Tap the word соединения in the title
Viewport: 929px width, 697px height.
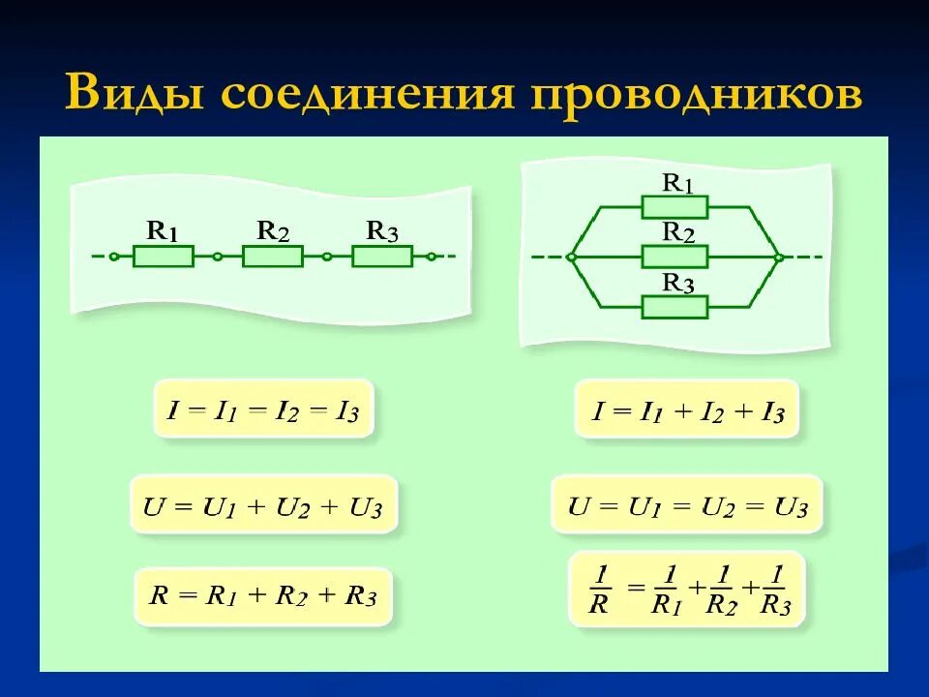(367, 93)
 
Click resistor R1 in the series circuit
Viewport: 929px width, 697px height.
(163, 257)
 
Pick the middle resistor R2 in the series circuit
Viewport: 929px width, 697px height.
(272, 257)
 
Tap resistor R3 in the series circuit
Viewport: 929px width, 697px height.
(381, 257)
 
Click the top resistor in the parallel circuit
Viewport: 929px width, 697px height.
(674, 207)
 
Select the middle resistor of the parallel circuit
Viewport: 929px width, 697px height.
(674, 257)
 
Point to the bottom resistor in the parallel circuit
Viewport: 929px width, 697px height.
(674, 307)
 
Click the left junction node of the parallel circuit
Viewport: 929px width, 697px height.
(572, 258)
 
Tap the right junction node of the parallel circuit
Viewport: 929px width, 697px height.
(778, 258)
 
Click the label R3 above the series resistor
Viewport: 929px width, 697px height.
(381, 231)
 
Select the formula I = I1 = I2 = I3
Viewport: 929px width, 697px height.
(263, 410)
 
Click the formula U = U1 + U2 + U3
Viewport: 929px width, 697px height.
(263, 504)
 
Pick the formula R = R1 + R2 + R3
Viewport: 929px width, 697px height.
(262, 595)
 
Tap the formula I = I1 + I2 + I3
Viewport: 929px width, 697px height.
(687, 410)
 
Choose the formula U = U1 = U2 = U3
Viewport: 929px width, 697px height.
(687, 504)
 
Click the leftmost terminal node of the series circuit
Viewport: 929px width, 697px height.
(114, 258)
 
